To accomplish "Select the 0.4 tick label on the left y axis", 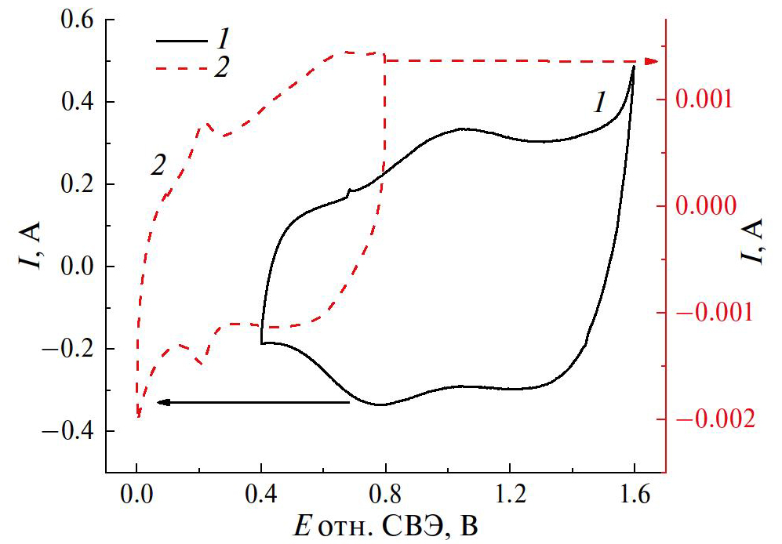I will tap(74, 102).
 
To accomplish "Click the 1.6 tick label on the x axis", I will tap(633, 495).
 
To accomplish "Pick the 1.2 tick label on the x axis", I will tap(510, 495).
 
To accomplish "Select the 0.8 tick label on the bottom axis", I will tap(385, 495).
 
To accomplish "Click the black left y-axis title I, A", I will tap(29, 245).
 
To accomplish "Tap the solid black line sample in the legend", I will tap(180, 40).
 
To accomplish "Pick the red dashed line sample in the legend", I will tap(180, 68).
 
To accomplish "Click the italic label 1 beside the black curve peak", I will tap(600, 103).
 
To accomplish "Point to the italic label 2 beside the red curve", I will tap(158, 165).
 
